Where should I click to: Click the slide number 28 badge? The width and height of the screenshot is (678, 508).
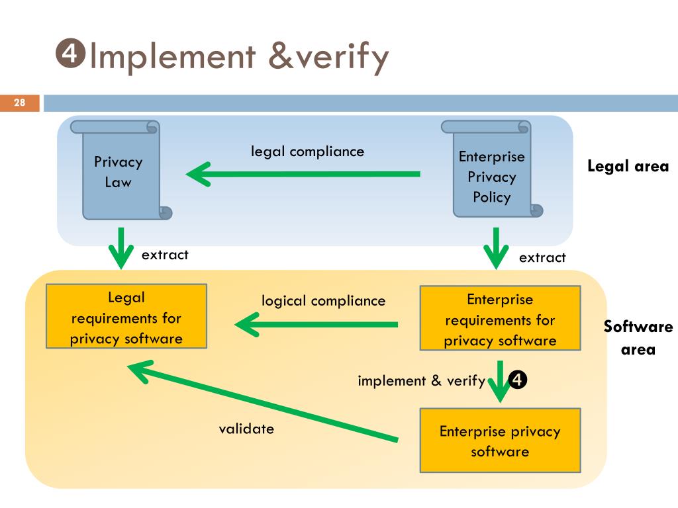coord(19,103)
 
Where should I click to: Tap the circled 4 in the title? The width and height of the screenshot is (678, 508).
coord(70,54)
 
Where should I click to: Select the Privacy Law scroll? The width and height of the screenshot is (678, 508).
coord(121,170)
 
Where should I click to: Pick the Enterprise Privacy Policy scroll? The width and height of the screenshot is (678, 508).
coord(492,169)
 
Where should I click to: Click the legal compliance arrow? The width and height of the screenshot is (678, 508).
coord(303,174)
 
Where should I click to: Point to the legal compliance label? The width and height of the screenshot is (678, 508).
coord(307,152)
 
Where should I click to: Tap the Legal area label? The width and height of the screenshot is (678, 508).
coord(628,166)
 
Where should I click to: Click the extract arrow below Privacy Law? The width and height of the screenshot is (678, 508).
coord(121,248)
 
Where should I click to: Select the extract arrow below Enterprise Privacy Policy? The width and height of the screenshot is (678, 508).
coord(496,248)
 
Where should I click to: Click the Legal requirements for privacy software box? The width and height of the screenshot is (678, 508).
coord(126,316)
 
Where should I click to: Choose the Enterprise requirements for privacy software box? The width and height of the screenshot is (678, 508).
coord(501,318)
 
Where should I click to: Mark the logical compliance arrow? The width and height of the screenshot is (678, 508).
coord(316,324)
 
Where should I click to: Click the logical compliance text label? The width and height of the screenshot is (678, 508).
coord(323,301)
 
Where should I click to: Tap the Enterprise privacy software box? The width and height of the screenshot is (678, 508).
coord(501,440)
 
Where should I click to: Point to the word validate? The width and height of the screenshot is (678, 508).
coord(246,429)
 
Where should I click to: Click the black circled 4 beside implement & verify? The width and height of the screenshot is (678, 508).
coord(518,380)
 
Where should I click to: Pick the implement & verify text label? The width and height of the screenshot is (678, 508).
coord(422,381)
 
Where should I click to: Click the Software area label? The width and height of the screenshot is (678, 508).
coord(638,338)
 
